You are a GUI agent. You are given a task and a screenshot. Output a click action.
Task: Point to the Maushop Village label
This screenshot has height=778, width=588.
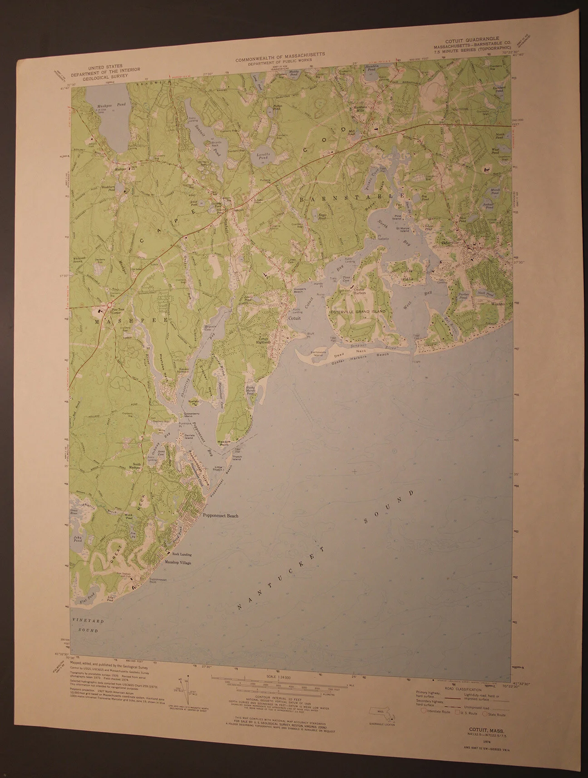(177, 563)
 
